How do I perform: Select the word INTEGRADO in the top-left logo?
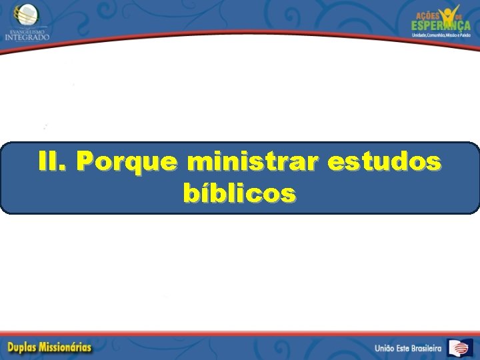tap(27, 37)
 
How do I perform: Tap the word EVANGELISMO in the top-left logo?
tap(27, 30)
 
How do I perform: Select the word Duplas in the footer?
tap(26, 347)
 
